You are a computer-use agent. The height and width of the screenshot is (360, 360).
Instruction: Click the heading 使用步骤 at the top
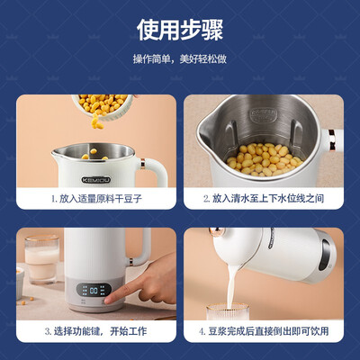179,30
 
